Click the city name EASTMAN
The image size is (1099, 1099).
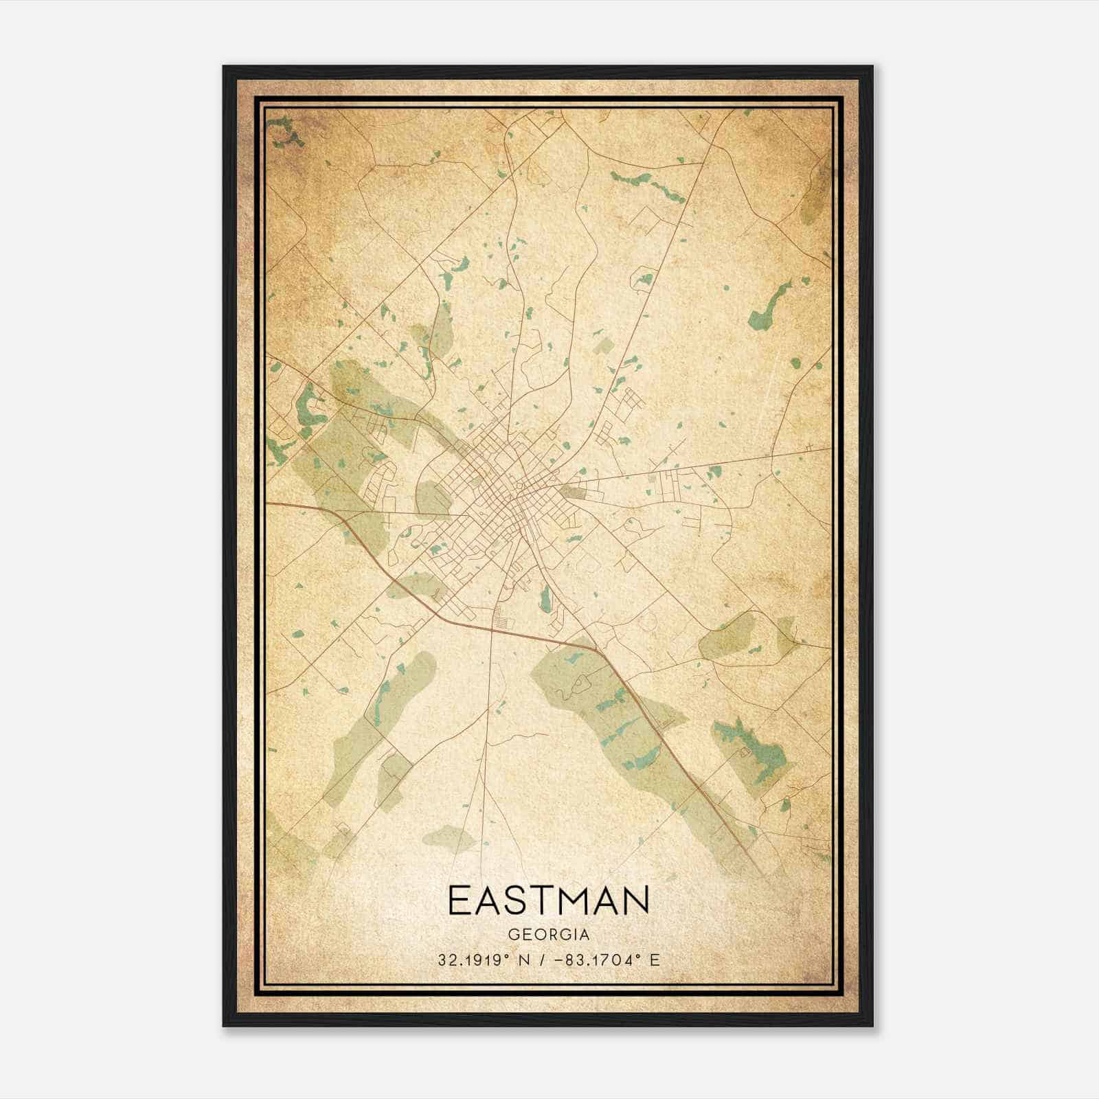click(548, 900)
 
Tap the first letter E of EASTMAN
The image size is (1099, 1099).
click(459, 900)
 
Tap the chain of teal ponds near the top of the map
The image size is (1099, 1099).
click(646, 182)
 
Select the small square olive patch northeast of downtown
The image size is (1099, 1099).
click(604, 345)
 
